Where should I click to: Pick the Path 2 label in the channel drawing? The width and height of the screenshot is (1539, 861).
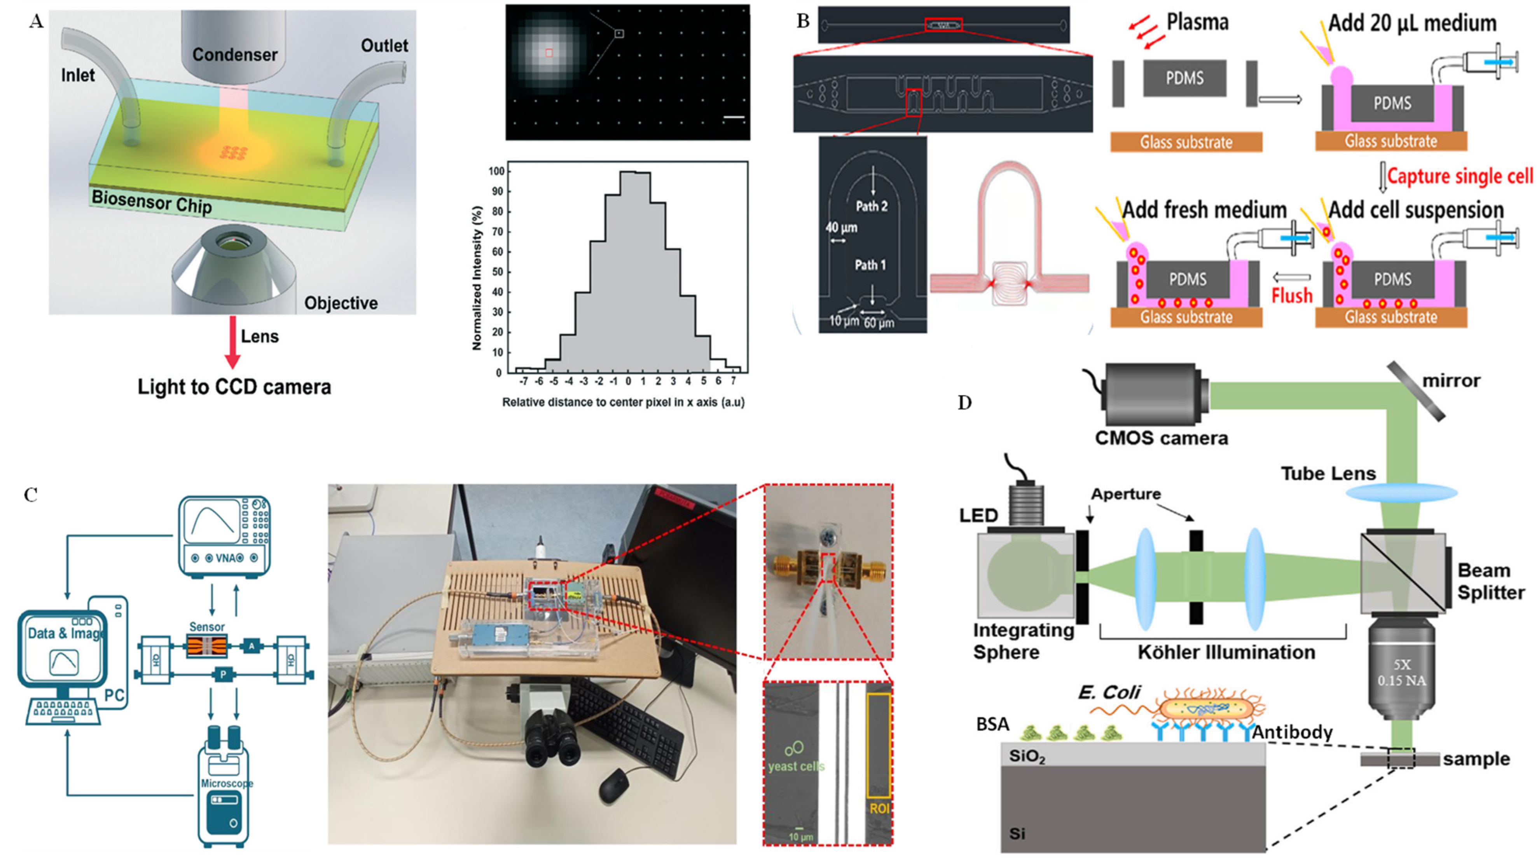871,207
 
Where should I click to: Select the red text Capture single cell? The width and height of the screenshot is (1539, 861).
1460,176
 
